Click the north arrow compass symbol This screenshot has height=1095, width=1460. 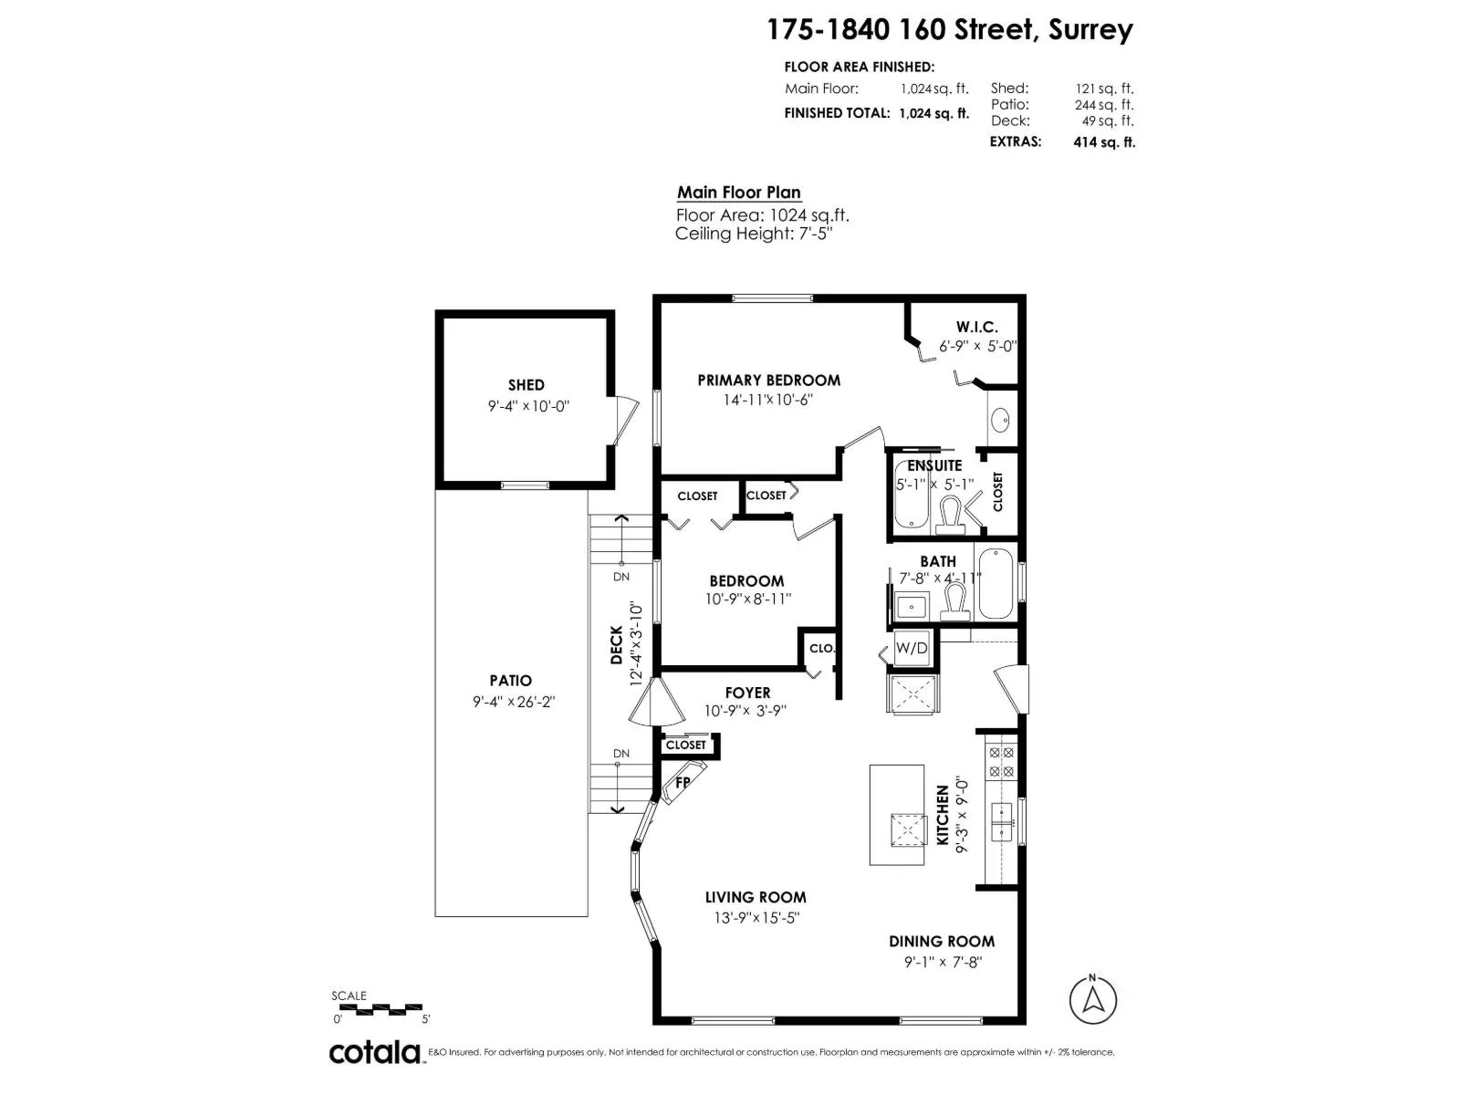coord(1092,1001)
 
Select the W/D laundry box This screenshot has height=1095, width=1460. coord(912,648)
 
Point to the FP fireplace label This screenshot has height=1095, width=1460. coord(683,783)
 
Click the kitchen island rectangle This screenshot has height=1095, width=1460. coord(897,815)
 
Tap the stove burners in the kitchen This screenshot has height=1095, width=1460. coord(1001,762)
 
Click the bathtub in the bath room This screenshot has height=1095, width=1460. coord(996,584)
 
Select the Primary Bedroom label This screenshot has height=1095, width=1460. coord(769,381)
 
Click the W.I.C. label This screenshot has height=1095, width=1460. coord(976,327)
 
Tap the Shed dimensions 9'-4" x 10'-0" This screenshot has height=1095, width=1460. coord(528,406)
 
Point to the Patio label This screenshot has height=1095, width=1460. coord(511,681)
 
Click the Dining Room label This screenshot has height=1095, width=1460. coord(942,942)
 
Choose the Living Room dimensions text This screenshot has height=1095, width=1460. coord(756,918)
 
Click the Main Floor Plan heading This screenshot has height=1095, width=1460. coord(739,193)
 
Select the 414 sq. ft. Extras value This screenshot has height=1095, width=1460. coord(1104,142)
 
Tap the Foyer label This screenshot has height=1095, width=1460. coord(747,693)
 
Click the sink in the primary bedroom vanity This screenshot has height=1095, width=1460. coord(1000,420)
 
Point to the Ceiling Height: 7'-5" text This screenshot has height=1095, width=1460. coord(754,234)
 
